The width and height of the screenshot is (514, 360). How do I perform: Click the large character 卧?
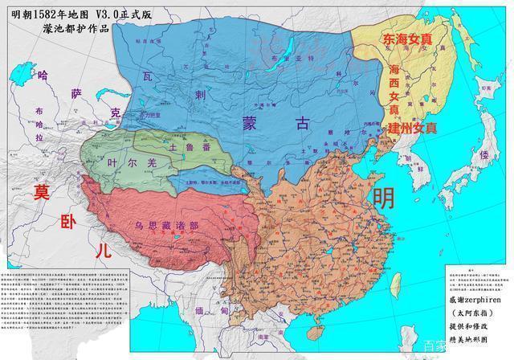coord(68,220)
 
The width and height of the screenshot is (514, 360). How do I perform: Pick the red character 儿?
coord(102,250)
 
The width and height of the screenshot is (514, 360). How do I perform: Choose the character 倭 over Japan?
coord(483,153)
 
